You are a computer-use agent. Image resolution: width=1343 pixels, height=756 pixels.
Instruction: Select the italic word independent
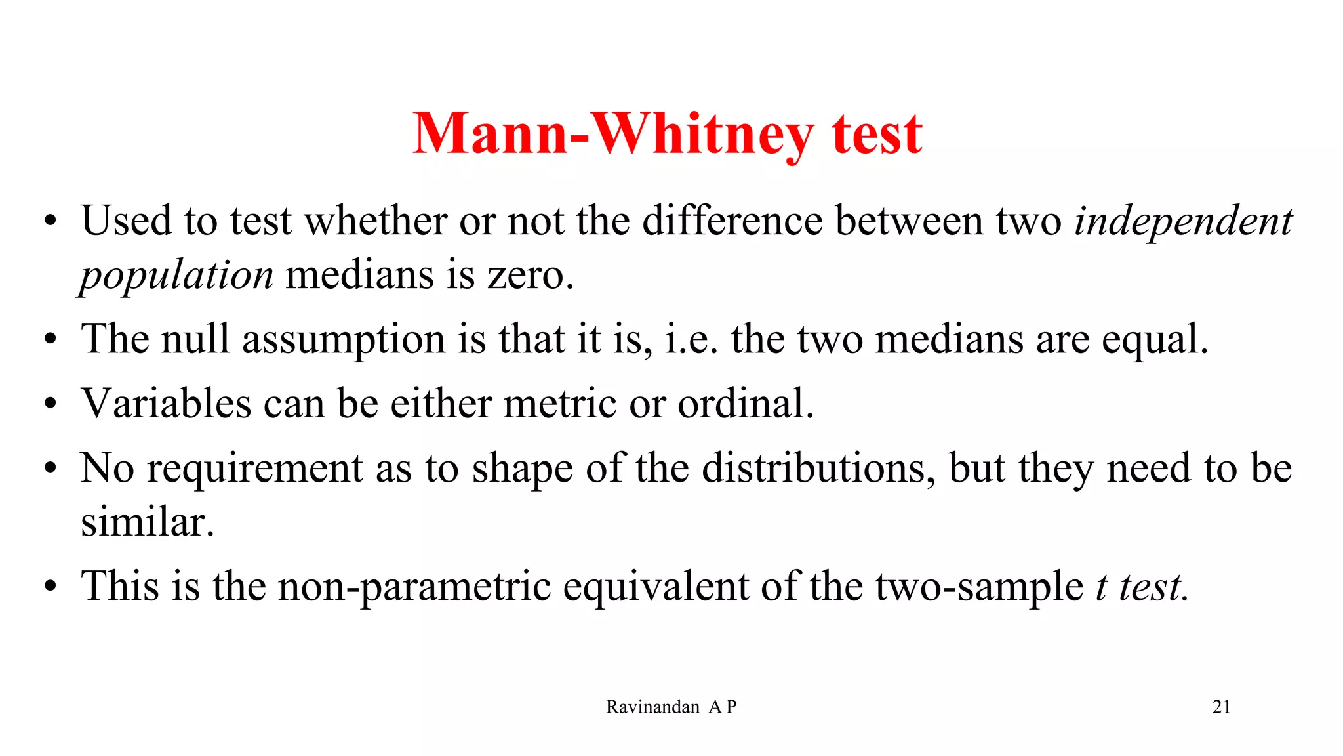coord(1183,221)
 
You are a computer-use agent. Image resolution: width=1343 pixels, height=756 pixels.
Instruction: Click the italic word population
coord(176,275)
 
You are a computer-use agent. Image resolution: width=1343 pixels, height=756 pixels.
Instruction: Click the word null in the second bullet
coord(195,339)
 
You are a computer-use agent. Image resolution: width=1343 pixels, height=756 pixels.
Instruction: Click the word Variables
coord(166,403)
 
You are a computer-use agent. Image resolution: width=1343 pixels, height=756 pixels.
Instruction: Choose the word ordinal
coord(745,403)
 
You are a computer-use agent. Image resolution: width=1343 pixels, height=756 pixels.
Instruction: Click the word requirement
coord(254,470)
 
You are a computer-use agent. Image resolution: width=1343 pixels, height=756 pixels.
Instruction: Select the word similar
coord(148,522)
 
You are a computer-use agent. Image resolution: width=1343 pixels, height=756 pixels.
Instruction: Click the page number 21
coord(1221,707)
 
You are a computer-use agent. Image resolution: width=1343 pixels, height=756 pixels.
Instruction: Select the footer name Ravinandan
coord(652,707)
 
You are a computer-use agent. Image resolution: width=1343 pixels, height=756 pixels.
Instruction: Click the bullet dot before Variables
coord(50,404)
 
